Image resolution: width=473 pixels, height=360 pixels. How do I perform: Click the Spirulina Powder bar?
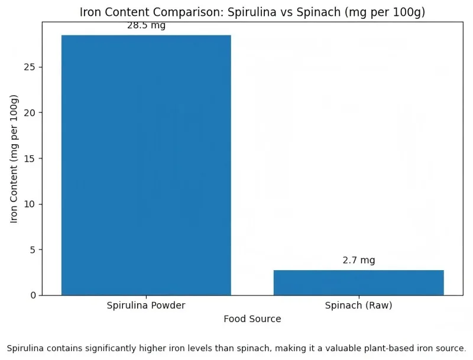pos(146,165)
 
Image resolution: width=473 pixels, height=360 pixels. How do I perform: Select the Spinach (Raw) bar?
pos(358,283)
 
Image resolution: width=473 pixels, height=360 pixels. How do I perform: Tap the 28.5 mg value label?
pos(146,25)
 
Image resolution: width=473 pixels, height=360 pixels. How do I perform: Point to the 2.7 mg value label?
pos(358,260)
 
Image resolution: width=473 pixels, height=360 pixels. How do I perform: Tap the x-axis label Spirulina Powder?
pos(146,306)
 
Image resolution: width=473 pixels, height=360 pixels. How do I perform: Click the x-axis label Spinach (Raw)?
pos(358,306)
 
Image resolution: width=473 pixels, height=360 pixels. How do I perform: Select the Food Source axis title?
pos(252,319)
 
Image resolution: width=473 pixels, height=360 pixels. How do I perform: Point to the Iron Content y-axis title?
pos(15,158)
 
